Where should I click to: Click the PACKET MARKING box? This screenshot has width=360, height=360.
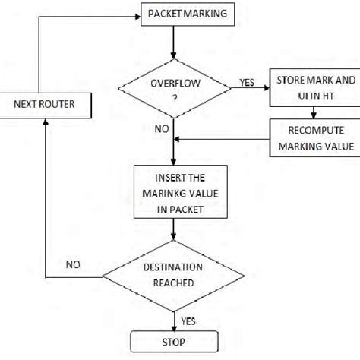point(175,14)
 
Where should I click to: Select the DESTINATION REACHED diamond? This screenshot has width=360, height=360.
point(175,274)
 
